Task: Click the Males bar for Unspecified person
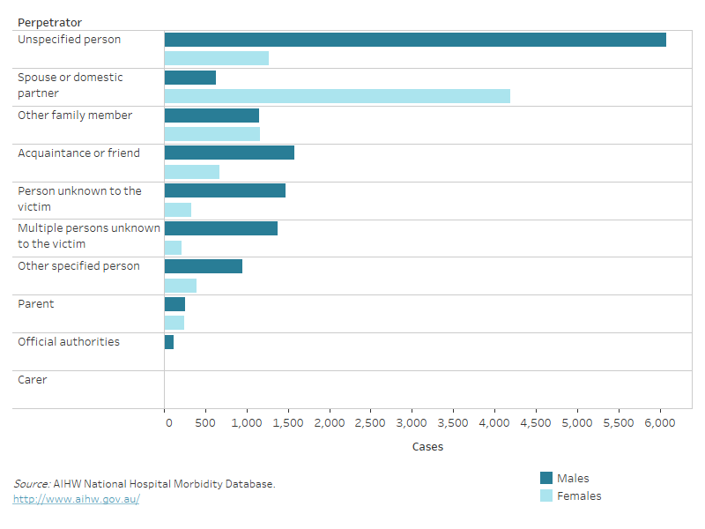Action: click(x=415, y=40)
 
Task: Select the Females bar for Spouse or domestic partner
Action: click(x=337, y=96)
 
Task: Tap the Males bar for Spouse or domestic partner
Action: click(x=190, y=78)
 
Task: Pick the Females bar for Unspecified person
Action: click(x=217, y=58)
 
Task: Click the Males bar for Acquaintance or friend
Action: click(x=229, y=153)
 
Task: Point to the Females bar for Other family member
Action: click(x=212, y=134)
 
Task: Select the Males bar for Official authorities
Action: click(x=169, y=342)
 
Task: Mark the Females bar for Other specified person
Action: click(x=181, y=286)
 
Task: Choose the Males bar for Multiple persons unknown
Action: click(x=221, y=228)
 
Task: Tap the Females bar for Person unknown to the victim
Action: click(x=178, y=210)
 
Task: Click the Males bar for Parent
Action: click(x=174, y=304)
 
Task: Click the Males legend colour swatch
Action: click(x=546, y=478)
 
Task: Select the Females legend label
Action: click(x=579, y=496)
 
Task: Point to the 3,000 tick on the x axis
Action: click(x=412, y=423)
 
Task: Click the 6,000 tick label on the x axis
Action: click(x=660, y=423)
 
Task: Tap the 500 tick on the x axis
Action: click(x=206, y=423)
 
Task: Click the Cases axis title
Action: click(x=427, y=447)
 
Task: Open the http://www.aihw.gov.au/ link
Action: click(x=76, y=499)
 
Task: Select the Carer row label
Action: click(x=33, y=380)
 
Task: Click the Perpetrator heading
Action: click(x=49, y=21)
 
